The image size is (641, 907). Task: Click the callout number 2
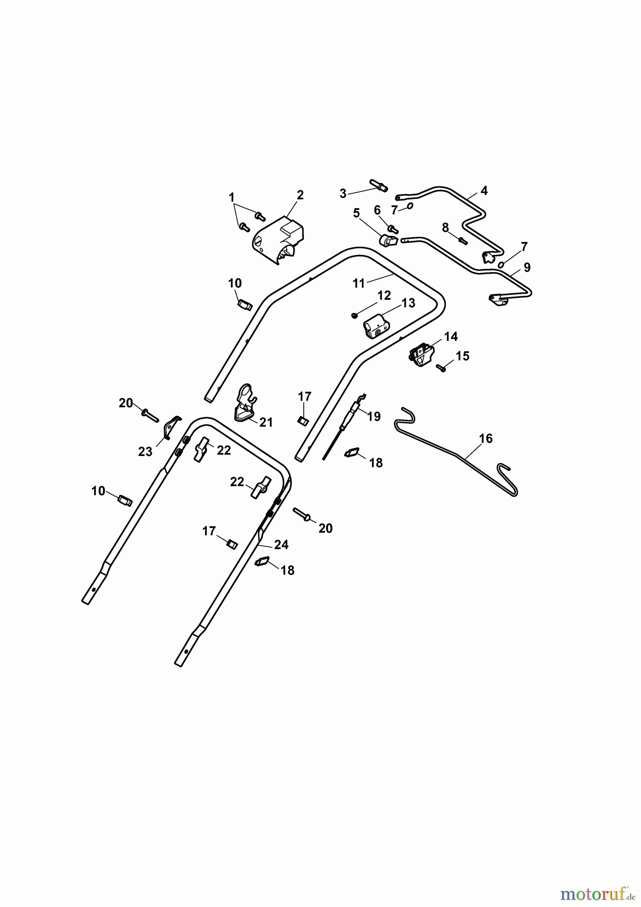tap(300, 195)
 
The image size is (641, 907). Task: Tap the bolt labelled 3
tap(378, 185)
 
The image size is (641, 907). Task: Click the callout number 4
tap(484, 191)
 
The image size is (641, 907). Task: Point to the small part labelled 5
tap(387, 241)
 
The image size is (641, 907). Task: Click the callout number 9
tap(527, 267)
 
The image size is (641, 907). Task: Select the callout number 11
tap(358, 284)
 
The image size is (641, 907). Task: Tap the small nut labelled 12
tap(354, 315)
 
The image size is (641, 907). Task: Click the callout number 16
tap(486, 438)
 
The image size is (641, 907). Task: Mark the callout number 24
tap(281, 545)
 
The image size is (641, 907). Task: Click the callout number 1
tap(232, 197)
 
